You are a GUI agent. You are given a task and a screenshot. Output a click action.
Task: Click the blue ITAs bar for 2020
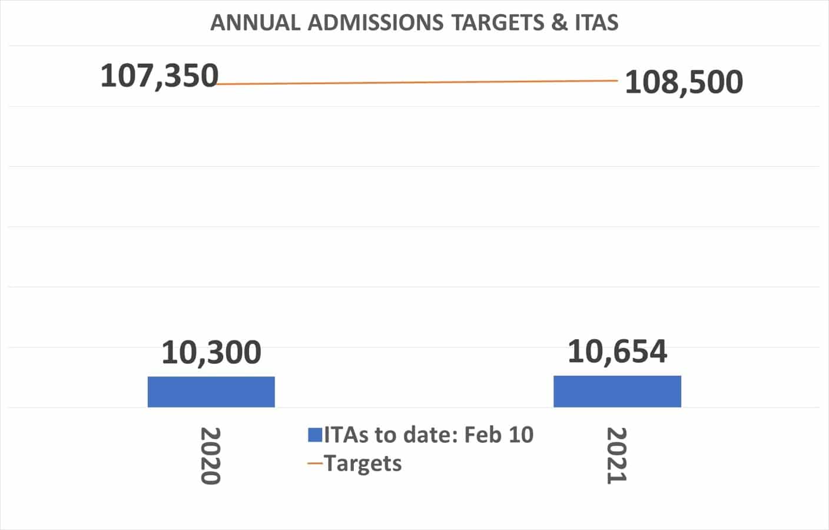[211, 392]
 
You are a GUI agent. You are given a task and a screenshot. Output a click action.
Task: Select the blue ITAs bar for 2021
[617, 392]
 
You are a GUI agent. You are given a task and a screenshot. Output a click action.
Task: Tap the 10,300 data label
[211, 352]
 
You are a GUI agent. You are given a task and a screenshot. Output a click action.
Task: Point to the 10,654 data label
[617, 351]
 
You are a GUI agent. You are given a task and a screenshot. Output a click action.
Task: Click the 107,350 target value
[159, 76]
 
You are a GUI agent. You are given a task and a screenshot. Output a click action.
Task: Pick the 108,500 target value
[684, 82]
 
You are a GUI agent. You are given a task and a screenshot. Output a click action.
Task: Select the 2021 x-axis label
[616, 456]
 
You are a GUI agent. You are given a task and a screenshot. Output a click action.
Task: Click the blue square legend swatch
[314, 435]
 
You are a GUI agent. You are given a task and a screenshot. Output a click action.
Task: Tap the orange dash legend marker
[315, 463]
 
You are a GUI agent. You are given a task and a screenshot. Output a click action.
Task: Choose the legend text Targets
[363, 463]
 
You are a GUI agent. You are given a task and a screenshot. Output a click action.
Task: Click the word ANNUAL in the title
[256, 22]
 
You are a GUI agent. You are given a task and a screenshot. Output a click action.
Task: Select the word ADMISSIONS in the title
[375, 22]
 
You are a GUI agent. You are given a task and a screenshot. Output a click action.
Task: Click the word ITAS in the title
[596, 22]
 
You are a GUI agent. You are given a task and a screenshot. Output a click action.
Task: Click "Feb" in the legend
[483, 435]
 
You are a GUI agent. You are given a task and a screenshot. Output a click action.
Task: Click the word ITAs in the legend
[346, 435]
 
